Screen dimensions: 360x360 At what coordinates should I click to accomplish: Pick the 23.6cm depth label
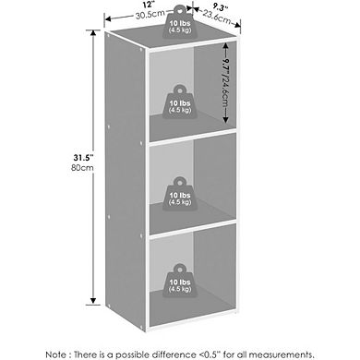point(218,18)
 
